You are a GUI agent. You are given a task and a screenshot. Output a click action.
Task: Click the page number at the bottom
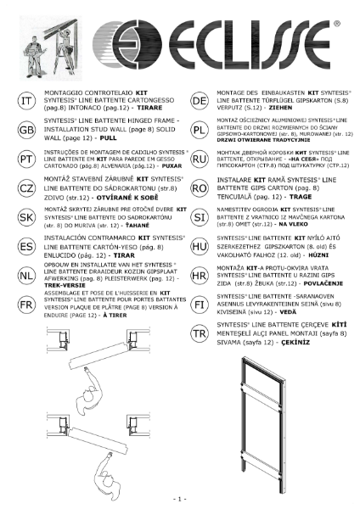point(179,497)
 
